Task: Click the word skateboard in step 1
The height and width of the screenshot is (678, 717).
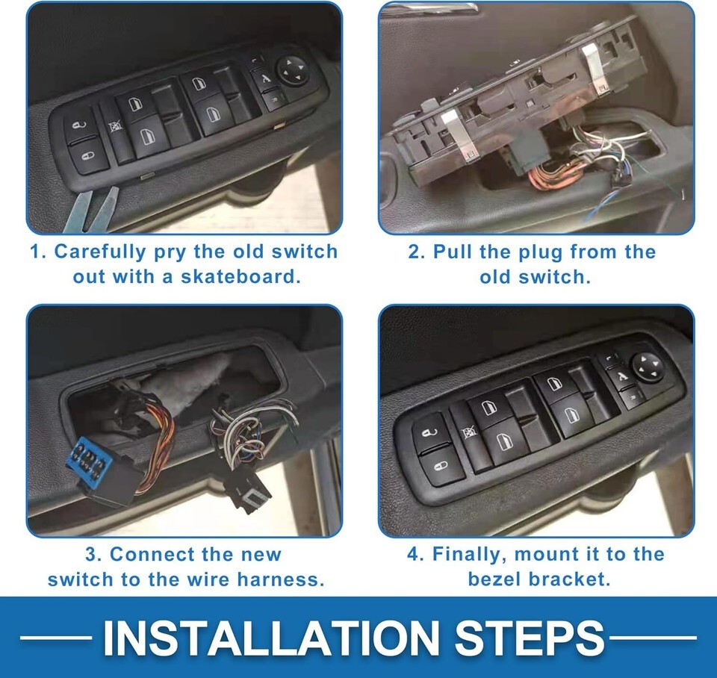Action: click(240, 276)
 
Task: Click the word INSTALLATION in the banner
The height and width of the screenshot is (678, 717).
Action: click(271, 638)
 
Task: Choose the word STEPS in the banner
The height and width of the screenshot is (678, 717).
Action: click(530, 638)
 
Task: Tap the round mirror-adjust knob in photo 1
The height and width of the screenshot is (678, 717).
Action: click(293, 70)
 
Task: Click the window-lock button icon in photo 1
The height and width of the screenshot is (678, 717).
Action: click(115, 128)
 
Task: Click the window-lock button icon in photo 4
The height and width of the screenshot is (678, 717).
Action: click(468, 432)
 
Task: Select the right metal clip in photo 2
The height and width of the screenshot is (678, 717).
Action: click(595, 66)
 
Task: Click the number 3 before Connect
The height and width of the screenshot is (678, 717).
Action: click(90, 555)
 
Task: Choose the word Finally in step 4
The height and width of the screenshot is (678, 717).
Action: click(470, 555)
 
